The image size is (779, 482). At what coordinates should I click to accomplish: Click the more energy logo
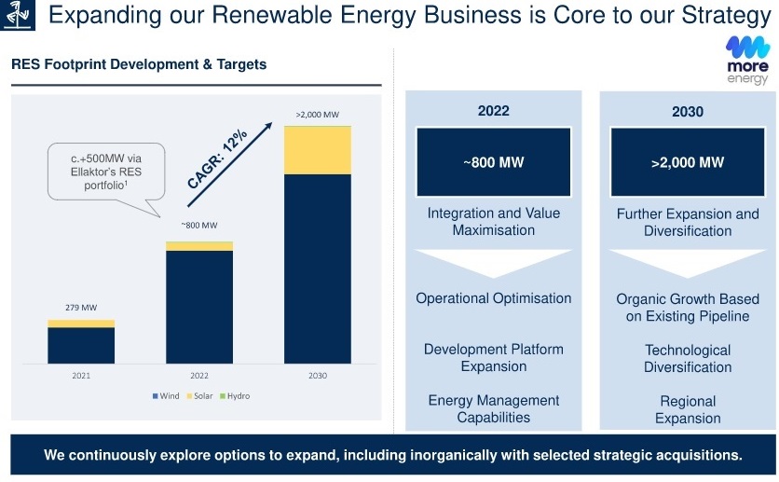pos(747,60)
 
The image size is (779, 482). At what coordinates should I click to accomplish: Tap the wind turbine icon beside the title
pos(18,15)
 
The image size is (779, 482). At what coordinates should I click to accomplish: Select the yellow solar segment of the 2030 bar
pos(318,150)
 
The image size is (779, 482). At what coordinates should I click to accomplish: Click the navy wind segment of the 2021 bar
pos(81,345)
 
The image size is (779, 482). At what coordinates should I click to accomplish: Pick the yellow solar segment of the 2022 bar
pos(199,246)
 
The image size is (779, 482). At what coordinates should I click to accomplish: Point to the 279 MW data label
pos(81,308)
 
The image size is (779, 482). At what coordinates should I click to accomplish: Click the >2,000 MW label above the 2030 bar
pos(318,115)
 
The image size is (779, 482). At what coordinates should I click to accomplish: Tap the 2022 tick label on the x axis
pos(199,376)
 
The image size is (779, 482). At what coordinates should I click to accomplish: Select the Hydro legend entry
pos(235,396)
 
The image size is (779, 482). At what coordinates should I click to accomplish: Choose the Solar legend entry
pos(199,396)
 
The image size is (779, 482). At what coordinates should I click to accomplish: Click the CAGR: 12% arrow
pos(229,164)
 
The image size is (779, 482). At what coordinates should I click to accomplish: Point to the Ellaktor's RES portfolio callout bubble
pos(106,172)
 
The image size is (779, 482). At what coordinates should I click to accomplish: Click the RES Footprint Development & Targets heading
pos(139,64)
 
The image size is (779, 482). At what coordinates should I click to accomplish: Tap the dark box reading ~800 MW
pos(493,162)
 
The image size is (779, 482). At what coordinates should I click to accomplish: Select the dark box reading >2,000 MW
pos(688,162)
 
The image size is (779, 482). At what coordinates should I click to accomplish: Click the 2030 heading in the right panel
pos(688,111)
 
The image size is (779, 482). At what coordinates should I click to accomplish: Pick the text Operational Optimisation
pos(493,298)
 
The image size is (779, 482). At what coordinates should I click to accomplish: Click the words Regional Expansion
pos(688,409)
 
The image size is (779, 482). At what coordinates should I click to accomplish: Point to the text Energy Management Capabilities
pos(493,408)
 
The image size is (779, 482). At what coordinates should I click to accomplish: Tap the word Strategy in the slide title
pos(726,16)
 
